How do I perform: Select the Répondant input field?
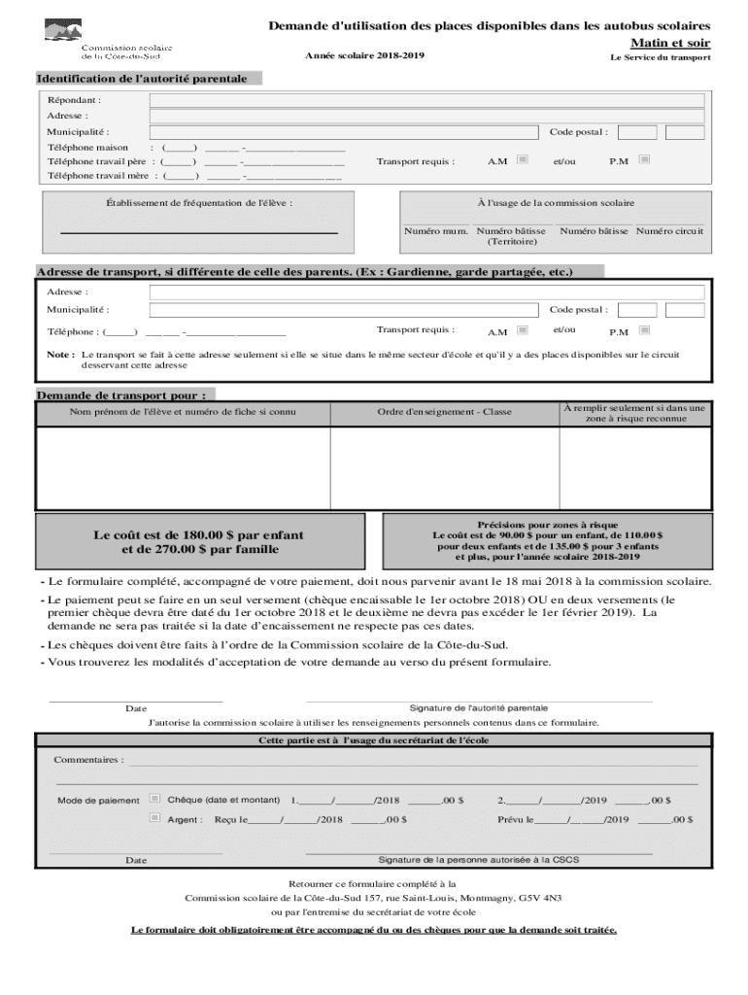tap(426, 99)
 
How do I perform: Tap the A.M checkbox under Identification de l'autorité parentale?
tap(523, 159)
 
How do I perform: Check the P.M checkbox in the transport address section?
tap(644, 330)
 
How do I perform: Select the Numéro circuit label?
tap(669, 231)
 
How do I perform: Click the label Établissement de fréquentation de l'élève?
tap(199, 203)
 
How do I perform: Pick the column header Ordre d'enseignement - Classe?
tap(444, 412)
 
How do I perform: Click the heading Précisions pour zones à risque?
tap(547, 525)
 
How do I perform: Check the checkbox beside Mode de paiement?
tap(154, 799)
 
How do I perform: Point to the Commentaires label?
tap(88, 759)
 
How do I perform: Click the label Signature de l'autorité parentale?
tap(478, 708)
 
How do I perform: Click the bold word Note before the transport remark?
tap(59, 355)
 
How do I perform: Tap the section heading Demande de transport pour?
tap(120, 395)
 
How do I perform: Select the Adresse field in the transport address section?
tap(426, 292)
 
